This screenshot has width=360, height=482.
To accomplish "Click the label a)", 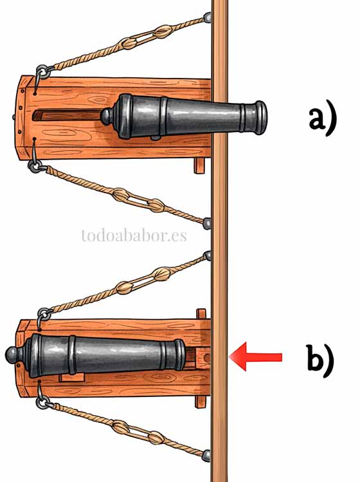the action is [323, 118].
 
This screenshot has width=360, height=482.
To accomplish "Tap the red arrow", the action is [256, 357].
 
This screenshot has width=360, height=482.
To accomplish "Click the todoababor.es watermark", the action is [134, 236].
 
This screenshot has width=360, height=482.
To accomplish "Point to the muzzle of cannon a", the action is [261, 118].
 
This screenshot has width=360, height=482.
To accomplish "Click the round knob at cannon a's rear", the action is [107, 116].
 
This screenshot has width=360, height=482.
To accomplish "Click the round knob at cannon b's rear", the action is [13, 356].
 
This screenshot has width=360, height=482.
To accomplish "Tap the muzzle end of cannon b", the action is [180, 355].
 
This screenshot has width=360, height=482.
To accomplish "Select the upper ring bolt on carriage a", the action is [42, 72].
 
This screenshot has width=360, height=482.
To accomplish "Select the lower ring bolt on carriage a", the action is [35, 165].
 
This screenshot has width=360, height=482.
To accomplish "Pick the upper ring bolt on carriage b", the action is [44, 315].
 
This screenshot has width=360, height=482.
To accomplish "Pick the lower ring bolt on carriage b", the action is [42, 402].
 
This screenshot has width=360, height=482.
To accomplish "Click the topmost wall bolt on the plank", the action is [208, 17].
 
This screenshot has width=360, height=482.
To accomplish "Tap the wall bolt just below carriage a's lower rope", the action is [207, 223].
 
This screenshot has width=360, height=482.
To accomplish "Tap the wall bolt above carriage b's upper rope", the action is [208, 255].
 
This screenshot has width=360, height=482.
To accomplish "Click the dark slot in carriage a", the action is [67, 116].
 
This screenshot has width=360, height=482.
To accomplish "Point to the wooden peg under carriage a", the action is [199, 165].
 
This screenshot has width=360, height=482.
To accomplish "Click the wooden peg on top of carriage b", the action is [201, 314].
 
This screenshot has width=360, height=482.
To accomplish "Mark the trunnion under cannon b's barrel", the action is [72, 377].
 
